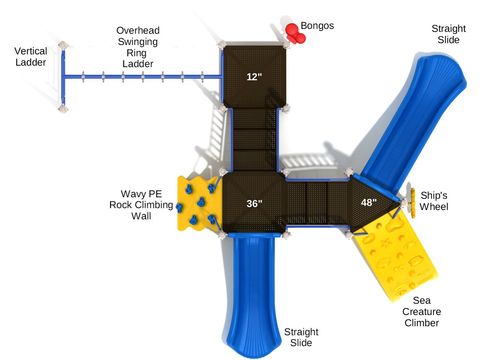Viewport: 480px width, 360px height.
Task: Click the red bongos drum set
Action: click(295, 34)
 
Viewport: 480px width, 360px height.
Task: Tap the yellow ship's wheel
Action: click(413, 203)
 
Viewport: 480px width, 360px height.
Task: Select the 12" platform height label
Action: click(254, 77)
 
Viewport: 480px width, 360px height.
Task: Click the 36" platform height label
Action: click(254, 204)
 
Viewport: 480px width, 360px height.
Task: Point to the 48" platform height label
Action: click(369, 202)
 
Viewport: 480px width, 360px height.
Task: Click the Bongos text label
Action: click(317, 26)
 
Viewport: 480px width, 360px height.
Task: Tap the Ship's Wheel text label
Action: click(434, 201)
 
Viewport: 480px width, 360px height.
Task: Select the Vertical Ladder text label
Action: click(31, 57)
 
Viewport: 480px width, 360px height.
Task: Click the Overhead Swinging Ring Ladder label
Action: click(138, 47)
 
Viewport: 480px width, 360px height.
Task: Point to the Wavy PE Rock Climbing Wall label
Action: click(141, 205)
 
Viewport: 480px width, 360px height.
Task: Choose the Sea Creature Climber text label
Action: click(421, 312)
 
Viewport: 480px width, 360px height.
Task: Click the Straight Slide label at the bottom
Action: click(301, 337)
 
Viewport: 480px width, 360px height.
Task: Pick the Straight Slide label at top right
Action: click(448, 34)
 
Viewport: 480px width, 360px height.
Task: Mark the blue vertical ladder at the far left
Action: click(63, 77)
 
